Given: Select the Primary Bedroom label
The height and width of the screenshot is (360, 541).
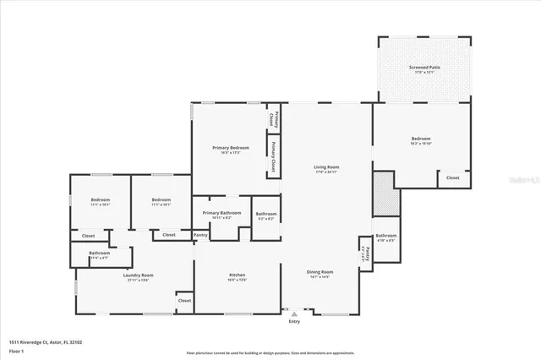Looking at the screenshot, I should click(x=230, y=148).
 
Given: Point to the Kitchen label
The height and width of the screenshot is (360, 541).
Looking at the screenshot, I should click(x=238, y=275).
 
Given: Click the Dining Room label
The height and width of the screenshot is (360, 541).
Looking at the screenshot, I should click(x=320, y=272).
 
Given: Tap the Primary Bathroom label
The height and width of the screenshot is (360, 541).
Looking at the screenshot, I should click(x=222, y=213).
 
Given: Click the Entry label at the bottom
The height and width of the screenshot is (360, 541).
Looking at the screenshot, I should click(x=294, y=321).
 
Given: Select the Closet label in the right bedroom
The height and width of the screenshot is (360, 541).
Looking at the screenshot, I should click(x=452, y=178).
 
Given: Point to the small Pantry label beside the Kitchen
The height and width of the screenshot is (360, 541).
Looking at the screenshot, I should click(x=200, y=235).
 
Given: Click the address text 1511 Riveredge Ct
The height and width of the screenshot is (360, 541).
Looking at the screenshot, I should click(x=46, y=342).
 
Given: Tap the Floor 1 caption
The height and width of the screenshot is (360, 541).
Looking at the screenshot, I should click(x=15, y=350).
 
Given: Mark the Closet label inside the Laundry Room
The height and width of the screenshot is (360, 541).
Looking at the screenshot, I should click(x=183, y=300).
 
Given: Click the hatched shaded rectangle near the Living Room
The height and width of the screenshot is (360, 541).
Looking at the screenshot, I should click(x=385, y=194).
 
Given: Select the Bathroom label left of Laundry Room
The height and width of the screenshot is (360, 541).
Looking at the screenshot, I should click(x=100, y=253).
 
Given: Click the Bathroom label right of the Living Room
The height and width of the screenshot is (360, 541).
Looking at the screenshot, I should click(x=386, y=236).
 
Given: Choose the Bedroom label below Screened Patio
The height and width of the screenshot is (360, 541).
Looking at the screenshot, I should click(x=421, y=139).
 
